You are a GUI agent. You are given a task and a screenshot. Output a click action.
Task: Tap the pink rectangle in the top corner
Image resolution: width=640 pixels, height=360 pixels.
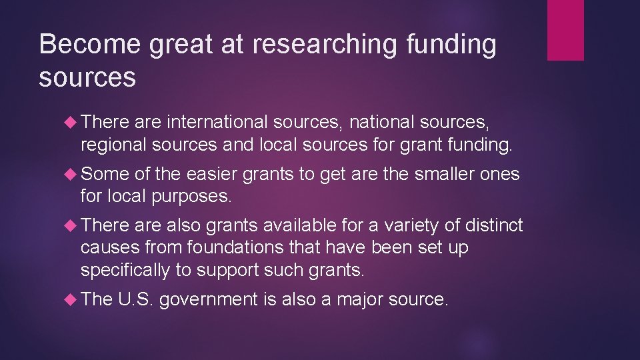coord(565,30)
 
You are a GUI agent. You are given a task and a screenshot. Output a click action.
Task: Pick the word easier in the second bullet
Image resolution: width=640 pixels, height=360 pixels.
coord(212,175)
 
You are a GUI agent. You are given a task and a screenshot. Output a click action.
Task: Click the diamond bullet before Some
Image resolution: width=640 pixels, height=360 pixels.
coord(72,175)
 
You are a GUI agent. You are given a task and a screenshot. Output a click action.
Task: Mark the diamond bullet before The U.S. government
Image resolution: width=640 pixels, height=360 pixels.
coord(72,300)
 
